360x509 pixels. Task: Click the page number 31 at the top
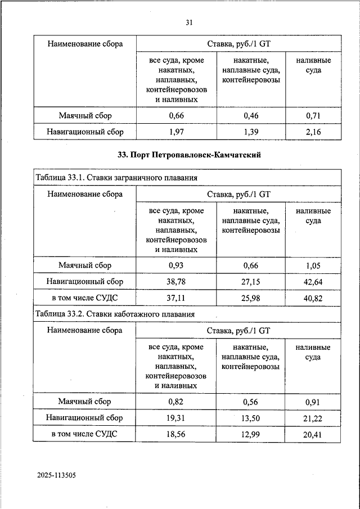189,22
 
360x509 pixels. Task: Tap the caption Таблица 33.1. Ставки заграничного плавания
116,178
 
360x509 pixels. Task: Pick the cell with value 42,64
313,282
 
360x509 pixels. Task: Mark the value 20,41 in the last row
313,435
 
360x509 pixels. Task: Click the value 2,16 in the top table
313,132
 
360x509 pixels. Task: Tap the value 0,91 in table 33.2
313,402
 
